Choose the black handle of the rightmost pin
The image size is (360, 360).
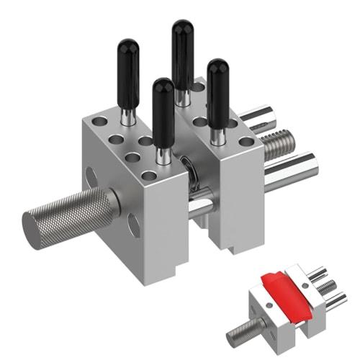[217, 84]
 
